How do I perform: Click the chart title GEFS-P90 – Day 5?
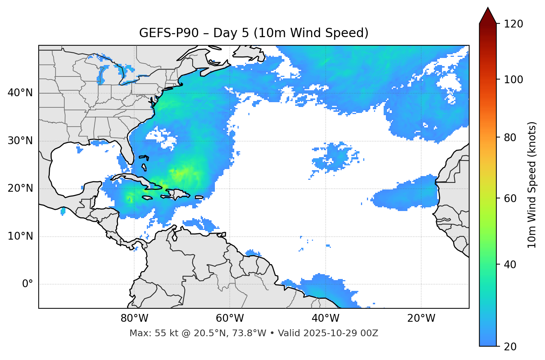pos(254,33)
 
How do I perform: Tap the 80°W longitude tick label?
pos(134,318)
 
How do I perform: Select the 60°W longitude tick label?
pos(230,318)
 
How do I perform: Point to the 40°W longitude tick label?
pos(325,318)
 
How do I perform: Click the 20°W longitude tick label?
pos(421,318)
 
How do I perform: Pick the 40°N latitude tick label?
pos(20,93)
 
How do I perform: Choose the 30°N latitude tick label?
pos(20,141)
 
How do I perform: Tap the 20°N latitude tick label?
pos(20,188)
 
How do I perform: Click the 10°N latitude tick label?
pos(20,236)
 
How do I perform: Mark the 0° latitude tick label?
pos(27,284)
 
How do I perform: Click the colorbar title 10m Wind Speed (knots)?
pos(532,185)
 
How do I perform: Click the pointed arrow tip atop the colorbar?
pos(488,9)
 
